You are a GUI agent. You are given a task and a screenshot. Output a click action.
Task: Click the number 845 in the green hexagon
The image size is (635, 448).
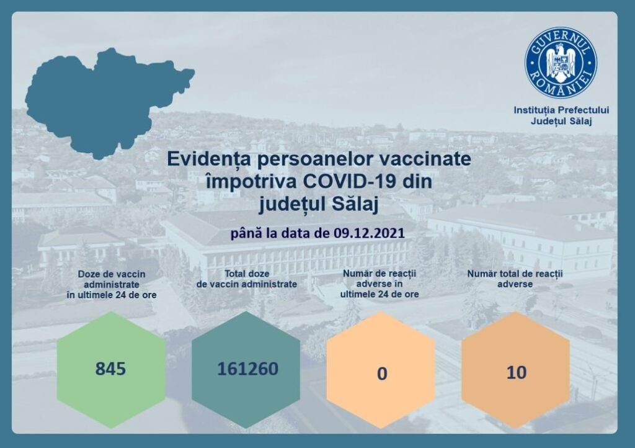(110, 369)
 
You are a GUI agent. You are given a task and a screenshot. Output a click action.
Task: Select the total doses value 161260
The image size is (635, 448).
(248, 369)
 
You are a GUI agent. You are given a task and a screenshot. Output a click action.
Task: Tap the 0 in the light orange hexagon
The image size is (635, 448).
(382, 374)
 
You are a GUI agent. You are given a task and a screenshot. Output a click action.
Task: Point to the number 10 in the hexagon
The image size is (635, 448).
(517, 373)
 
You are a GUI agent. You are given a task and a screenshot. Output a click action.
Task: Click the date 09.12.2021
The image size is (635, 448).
(370, 233)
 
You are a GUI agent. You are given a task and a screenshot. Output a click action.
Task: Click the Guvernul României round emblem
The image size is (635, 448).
(561, 63)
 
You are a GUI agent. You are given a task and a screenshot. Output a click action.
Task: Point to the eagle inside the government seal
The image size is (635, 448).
(561, 63)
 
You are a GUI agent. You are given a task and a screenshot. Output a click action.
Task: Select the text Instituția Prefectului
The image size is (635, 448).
(561, 110)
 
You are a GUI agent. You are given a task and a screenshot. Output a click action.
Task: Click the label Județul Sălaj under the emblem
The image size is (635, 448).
(561, 121)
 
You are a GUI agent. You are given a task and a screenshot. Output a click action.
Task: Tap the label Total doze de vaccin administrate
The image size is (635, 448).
(247, 279)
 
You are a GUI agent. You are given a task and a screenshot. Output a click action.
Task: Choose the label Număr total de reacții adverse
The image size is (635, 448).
(515, 279)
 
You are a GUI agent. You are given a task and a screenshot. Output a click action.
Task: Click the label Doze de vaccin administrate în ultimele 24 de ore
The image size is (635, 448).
(112, 284)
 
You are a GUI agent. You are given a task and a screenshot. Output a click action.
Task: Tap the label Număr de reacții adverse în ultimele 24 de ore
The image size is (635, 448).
(380, 284)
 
